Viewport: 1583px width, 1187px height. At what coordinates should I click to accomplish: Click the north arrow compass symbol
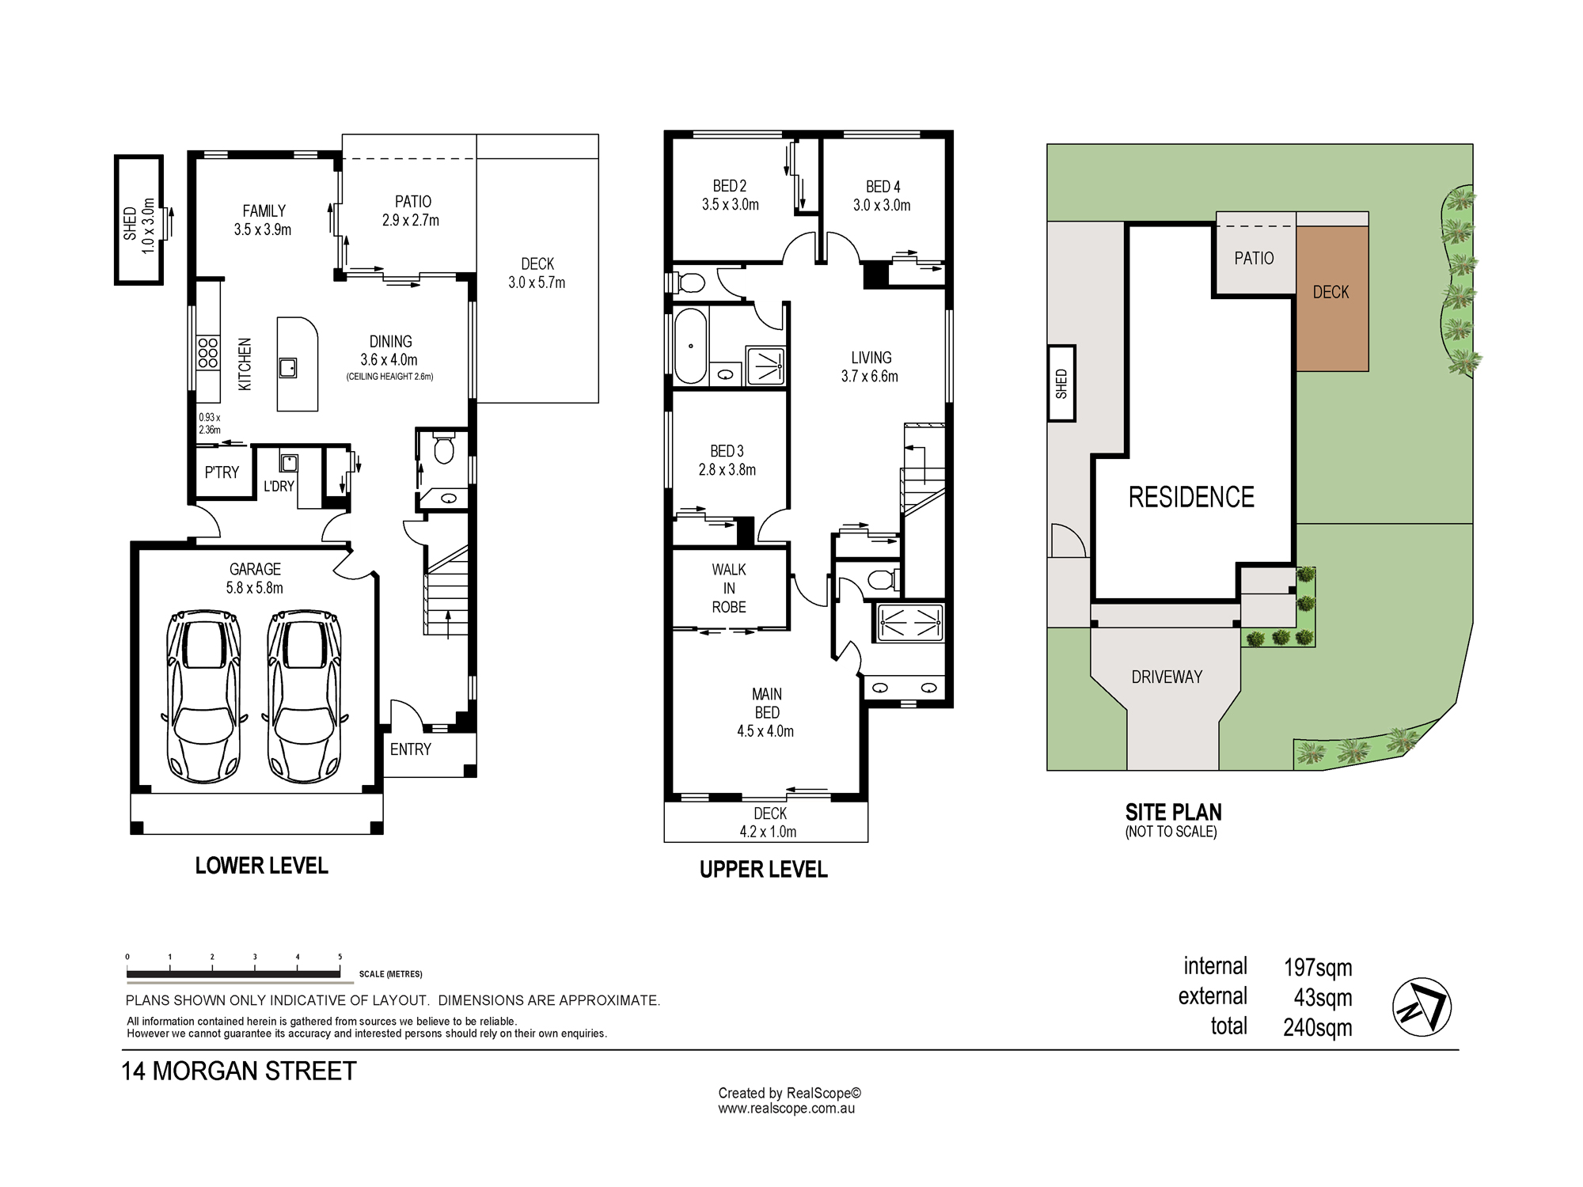[1422, 1007]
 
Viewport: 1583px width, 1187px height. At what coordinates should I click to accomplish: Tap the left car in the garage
[203, 696]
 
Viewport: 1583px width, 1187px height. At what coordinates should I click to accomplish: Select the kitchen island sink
[287, 368]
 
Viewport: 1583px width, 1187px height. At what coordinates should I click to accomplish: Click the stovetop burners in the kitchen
[208, 353]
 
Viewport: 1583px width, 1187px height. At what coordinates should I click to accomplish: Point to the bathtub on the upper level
[690, 346]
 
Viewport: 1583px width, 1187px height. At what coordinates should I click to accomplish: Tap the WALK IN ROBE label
[729, 588]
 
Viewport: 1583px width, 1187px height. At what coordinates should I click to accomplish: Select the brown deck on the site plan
[1332, 298]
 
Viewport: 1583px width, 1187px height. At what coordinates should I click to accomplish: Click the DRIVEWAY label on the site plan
[1167, 677]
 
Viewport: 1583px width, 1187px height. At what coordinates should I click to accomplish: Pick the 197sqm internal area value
[1318, 967]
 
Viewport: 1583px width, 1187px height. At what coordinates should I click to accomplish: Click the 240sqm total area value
[1318, 1027]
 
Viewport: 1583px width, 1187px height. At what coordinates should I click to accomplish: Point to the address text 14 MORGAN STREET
[239, 1071]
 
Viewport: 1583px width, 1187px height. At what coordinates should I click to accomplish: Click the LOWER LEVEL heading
[262, 866]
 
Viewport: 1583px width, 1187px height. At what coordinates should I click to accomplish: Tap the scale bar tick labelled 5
[340, 957]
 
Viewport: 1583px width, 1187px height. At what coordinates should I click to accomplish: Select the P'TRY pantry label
[222, 472]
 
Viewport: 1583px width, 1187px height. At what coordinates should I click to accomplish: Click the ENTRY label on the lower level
[411, 749]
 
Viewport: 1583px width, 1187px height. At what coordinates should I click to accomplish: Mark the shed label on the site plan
[1061, 384]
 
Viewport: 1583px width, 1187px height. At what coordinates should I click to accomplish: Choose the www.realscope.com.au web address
[787, 1109]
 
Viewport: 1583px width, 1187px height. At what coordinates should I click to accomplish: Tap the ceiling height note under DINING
[390, 377]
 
